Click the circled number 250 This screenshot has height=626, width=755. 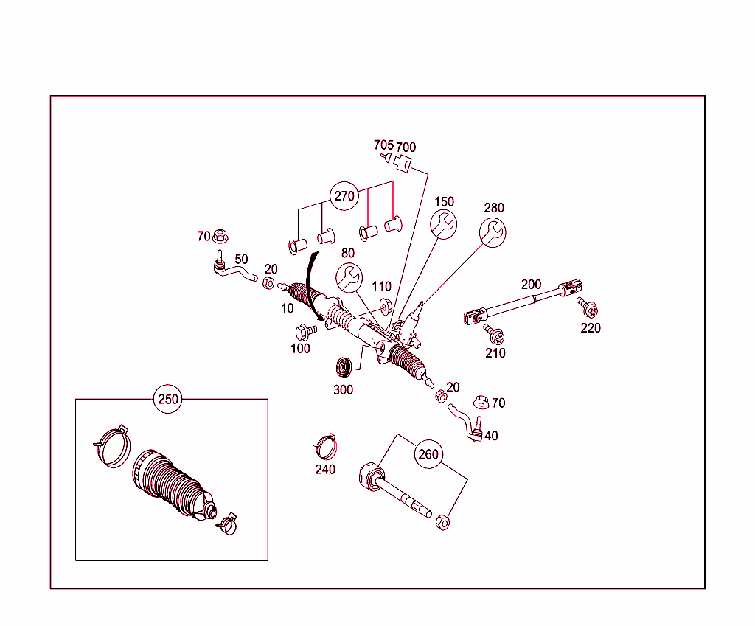[168, 399]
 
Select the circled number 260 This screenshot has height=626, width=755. [428, 454]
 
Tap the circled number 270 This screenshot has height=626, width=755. [344, 196]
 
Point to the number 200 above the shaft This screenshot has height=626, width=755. [531, 284]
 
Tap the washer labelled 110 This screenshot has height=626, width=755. [384, 305]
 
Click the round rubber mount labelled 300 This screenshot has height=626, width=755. [342, 366]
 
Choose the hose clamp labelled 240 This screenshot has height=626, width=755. [324, 444]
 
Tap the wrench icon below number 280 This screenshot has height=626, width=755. [493, 233]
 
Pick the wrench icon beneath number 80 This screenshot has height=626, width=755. [349, 277]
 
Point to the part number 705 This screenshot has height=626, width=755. [383, 145]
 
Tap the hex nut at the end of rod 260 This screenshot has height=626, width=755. [442, 524]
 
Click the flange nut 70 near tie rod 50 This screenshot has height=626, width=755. [220, 237]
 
